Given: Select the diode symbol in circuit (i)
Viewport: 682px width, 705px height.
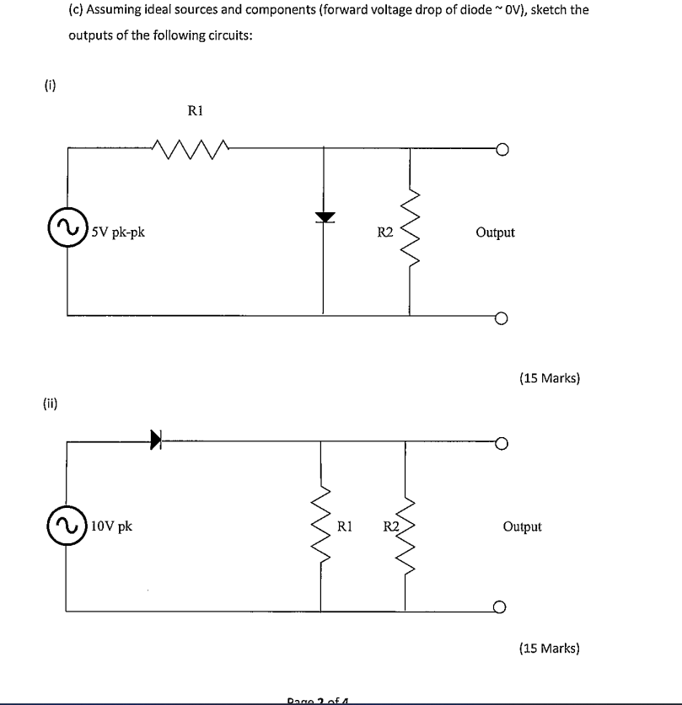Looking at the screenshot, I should click(323, 217).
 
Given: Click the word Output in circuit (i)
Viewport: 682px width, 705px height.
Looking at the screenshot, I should click(495, 232).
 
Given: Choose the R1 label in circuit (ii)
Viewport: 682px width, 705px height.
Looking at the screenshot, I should click(344, 527).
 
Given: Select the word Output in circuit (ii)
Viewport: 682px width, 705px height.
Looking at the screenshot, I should click(522, 527).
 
